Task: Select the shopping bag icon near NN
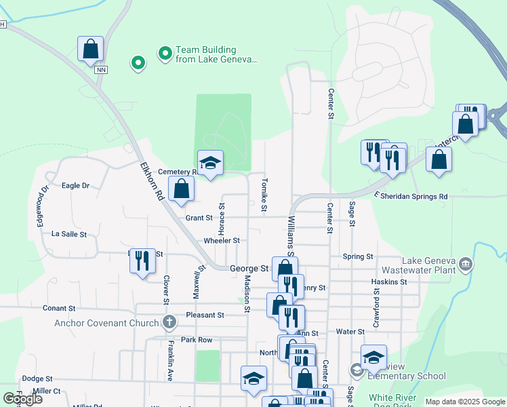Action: click(x=91, y=49)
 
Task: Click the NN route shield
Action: click(x=102, y=70)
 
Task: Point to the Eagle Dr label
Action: click(x=75, y=185)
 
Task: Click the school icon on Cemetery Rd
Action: click(x=210, y=162)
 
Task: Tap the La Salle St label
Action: click(x=69, y=234)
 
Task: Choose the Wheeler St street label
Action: click(x=222, y=241)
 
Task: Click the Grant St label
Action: click(x=199, y=218)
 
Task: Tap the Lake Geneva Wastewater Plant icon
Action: click(x=465, y=263)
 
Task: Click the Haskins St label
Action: click(x=389, y=282)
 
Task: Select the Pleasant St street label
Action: click(x=206, y=315)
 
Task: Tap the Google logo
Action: click(x=22, y=399)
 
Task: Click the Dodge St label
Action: click(x=37, y=379)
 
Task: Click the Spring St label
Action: click(x=358, y=257)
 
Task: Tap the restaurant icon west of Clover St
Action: click(x=142, y=260)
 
